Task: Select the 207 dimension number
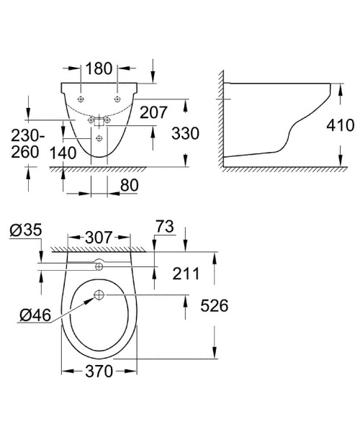click(154, 112)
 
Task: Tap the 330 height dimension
click(185, 134)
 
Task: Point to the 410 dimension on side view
click(341, 127)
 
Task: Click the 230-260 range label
click(27, 143)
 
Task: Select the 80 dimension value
click(130, 185)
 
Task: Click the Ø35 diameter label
click(27, 230)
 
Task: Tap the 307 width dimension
click(100, 236)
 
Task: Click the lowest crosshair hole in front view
click(99, 136)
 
